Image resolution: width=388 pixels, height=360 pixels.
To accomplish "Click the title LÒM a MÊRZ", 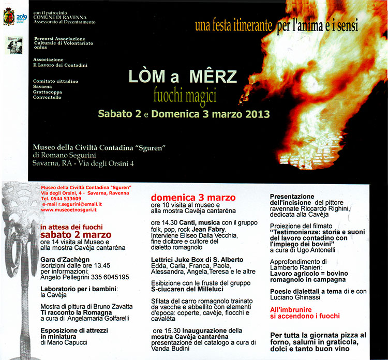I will click(x=183, y=77).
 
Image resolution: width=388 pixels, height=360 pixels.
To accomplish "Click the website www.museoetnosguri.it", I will click(x=70, y=210).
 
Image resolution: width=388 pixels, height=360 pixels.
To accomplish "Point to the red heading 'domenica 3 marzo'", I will click(x=193, y=198).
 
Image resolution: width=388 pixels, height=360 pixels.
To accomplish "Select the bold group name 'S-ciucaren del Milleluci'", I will click(x=187, y=289).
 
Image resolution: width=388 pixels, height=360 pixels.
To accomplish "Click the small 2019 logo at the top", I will click(x=22, y=17).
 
